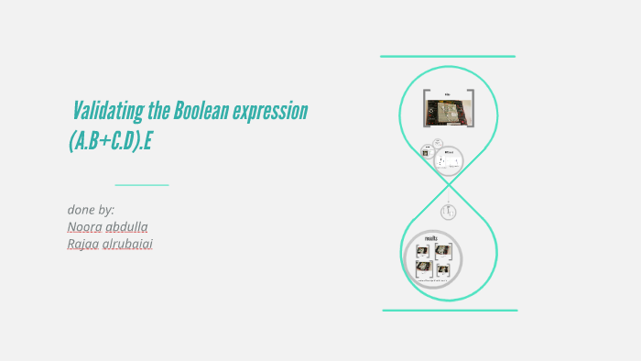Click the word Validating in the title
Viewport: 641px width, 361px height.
(x=107, y=112)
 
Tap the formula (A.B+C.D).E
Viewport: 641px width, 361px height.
(x=119, y=140)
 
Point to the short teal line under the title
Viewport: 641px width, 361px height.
(x=142, y=185)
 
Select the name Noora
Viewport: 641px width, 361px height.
(x=84, y=226)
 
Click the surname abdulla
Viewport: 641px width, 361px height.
(x=127, y=226)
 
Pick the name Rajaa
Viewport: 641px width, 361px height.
(x=84, y=244)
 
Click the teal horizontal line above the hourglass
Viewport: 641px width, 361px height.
(x=448, y=57)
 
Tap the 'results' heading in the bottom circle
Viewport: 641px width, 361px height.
(x=433, y=238)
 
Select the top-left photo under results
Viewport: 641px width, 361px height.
(x=423, y=250)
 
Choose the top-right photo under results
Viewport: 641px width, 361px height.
(x=443, y=250)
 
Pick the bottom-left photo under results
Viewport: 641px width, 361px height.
(x=423, y=268)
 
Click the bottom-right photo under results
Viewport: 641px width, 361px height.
(x=443, y=269)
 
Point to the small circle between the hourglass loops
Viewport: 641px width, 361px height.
(x=448, y=212)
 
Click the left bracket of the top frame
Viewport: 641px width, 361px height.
(x=425, y=108)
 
